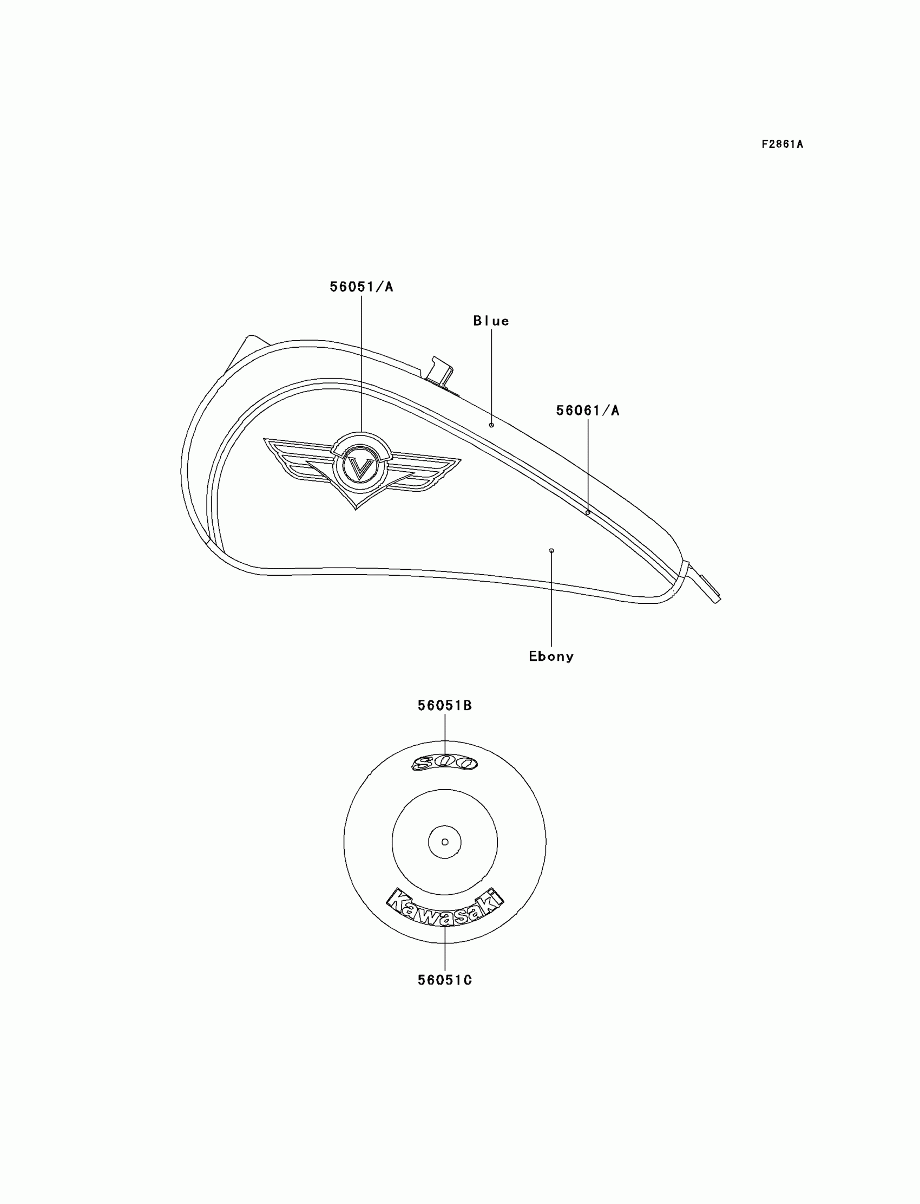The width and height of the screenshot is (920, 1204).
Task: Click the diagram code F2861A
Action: click(781, 145)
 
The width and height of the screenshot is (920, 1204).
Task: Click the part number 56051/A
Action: click(362, 287)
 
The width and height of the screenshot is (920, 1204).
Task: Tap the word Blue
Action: click(491, 321)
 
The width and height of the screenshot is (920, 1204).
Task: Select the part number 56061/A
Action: click(588, 411)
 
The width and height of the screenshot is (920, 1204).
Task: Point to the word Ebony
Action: click(551, 656)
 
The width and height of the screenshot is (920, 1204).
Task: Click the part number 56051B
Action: click(445, 706)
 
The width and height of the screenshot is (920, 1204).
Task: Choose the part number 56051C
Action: click(445, 980)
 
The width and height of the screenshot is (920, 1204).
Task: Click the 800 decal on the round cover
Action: click(444, 763)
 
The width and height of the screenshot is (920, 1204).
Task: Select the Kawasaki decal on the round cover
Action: click(445, 910)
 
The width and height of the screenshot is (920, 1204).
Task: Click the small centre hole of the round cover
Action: click(445, 842)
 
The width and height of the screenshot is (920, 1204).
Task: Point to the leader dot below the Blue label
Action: click(491, 425)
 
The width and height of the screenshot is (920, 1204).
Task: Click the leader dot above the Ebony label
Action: click(551, 550)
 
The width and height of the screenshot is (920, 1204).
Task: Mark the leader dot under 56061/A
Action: click(588, 512)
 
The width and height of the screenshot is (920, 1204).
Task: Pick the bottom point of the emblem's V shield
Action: click(356, 508)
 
